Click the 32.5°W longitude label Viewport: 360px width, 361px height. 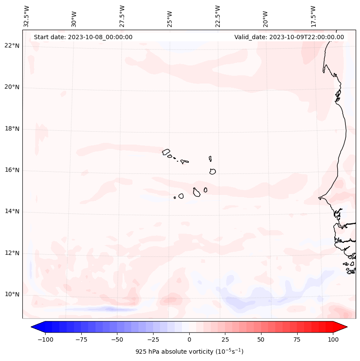[x=27, y=16]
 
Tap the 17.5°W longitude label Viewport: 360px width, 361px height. [x=314, y=16]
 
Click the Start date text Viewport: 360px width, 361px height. [x=83, y=37]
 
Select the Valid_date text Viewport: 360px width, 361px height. [x=289, y=37]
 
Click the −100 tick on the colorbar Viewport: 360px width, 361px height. [x=45, y=339]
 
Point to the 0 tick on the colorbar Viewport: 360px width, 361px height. [x=189, y=339]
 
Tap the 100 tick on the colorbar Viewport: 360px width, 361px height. [x=333, y=339]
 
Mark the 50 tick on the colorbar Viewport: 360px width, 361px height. [x=261, y=339]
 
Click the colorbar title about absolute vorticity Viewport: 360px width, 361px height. [x=189, y=352]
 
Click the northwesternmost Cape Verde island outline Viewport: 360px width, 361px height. [x=166, y=151]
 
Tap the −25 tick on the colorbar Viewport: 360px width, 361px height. [x=153, y=339]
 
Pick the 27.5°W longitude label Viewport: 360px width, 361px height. [x=122, y=16]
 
